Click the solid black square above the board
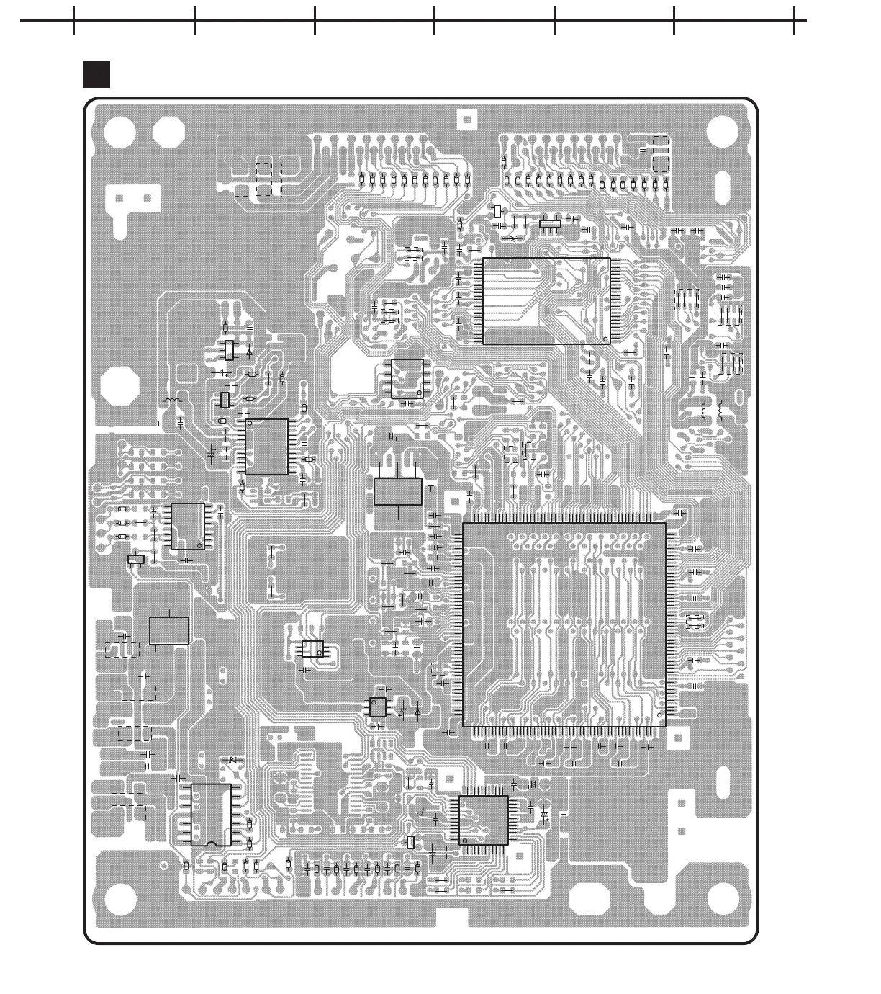(96, 74)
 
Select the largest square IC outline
(564, 624)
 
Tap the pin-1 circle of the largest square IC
(661, 714)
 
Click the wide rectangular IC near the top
(546, 301)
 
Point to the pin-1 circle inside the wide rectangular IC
(605, 339)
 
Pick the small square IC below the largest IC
(484, 820)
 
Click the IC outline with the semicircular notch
(211, 815)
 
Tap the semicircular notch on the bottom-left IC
(212, 843)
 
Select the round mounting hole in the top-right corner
(722, 132)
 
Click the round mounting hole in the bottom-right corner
(723, 897)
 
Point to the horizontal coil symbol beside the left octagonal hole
(172, 400)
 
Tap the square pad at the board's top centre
(467, 119)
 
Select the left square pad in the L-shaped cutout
(119, 198)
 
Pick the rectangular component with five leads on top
(398, 491)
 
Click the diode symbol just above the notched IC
(232, 761)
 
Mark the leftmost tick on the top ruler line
(74, 20)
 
